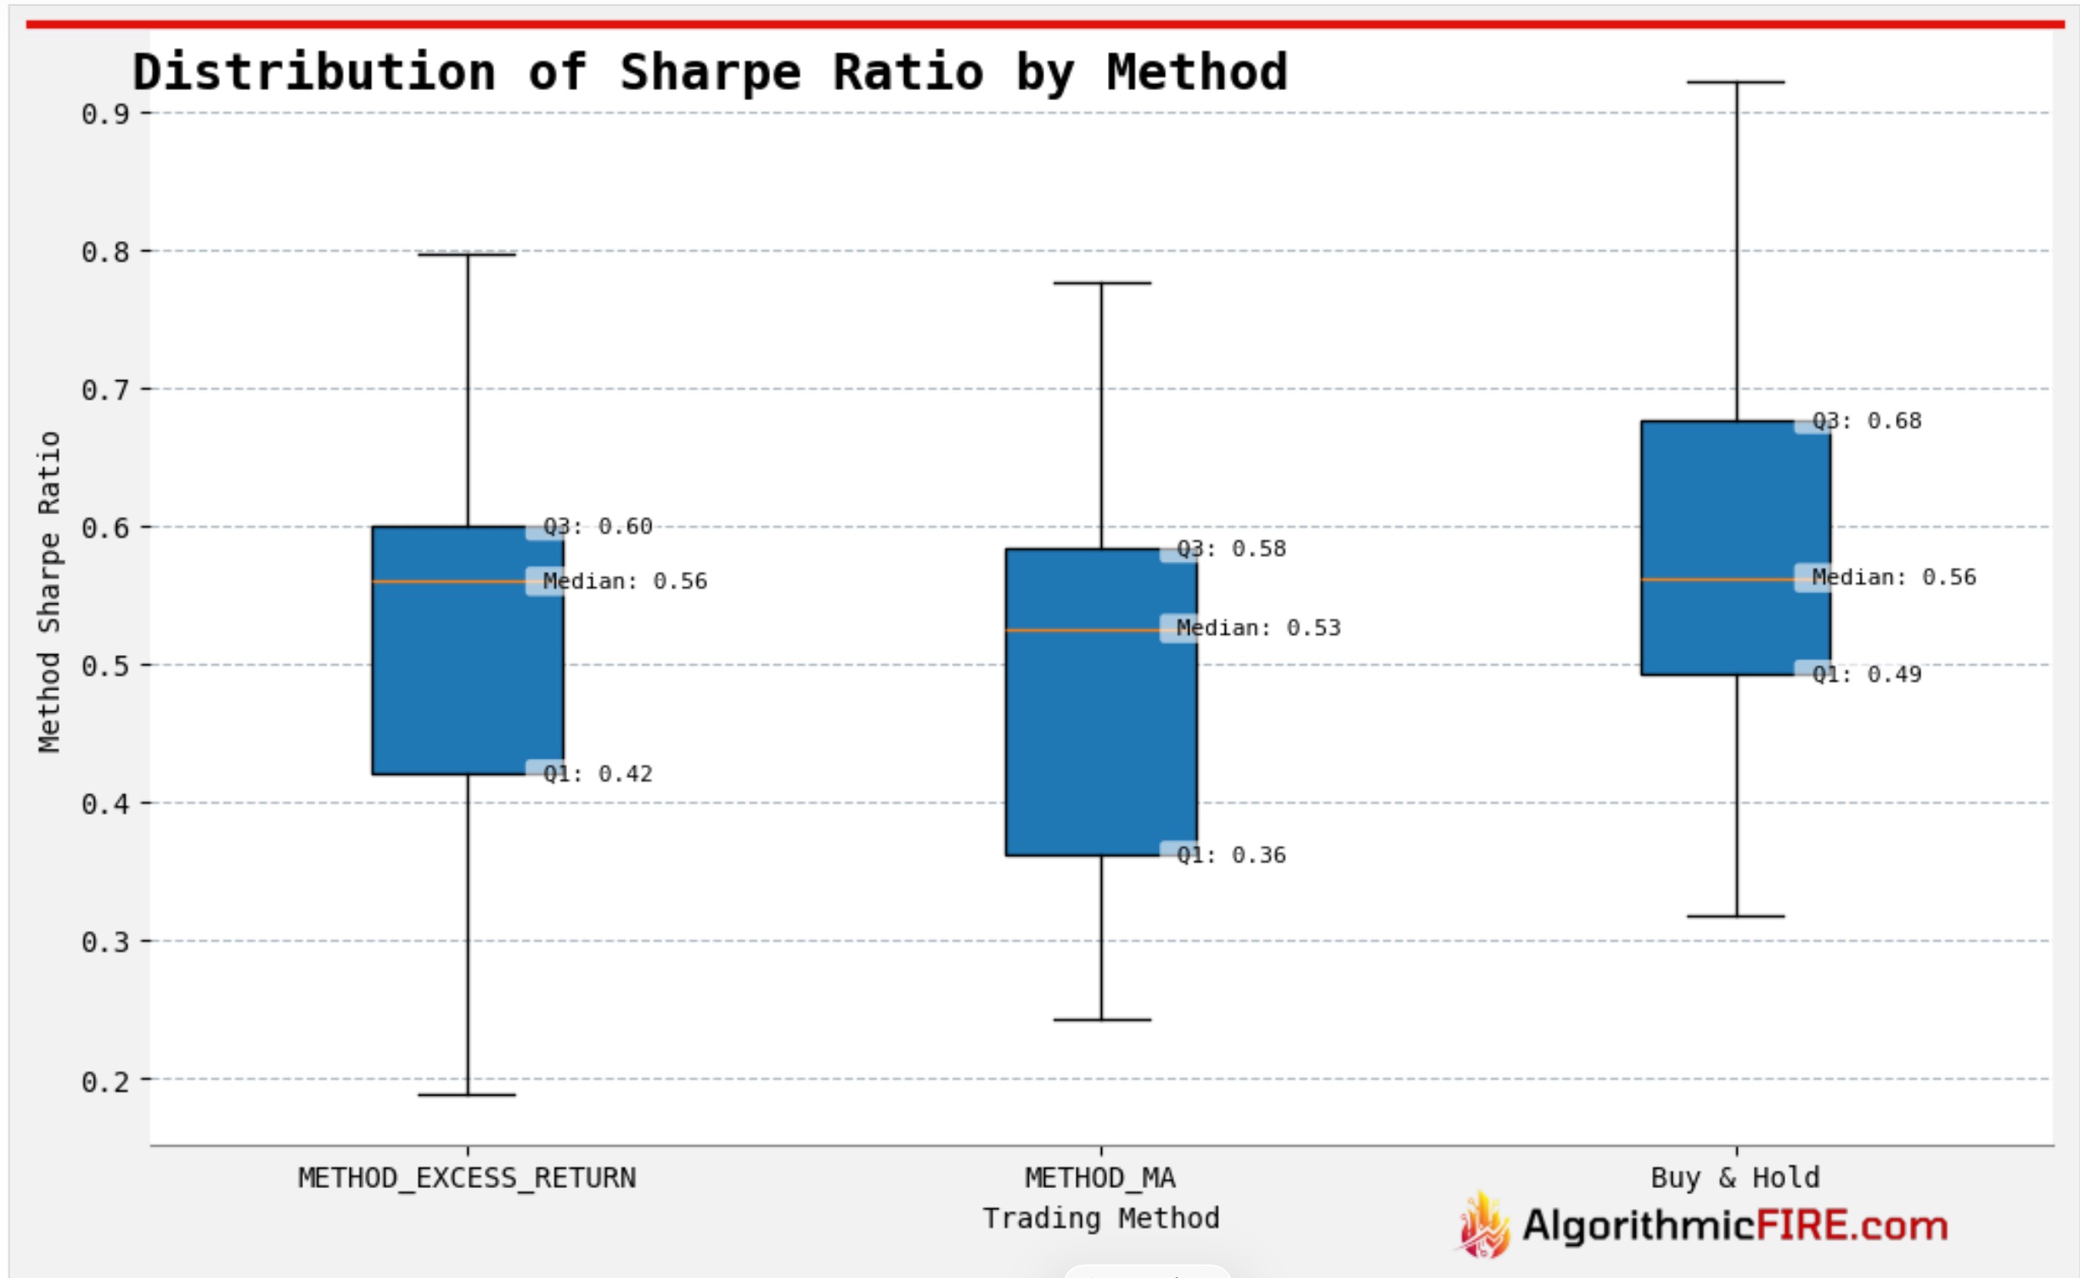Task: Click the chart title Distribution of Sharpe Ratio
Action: click(x=709, y=71)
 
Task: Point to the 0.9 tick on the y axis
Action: click(x=106, y=114)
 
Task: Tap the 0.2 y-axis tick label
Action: click(x=106, y=1082)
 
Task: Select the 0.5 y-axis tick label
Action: click(x=106, y=666)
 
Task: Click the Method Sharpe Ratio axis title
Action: click(x=49, y=591)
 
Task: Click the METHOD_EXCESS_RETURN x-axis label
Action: click(x=467, y=1178)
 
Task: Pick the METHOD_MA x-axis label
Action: click(x=1100, y=1178)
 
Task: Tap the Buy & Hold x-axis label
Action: click(x=1734, y=1178)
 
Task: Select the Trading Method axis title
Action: click(x=1100, y=1219)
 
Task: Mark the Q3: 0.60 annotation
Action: click(x=598, y=527)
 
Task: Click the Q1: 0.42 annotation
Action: click(x=598, y=774)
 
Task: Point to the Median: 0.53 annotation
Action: click(x=1258, y=628)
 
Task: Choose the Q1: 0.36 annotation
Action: click(x=1231, y=855)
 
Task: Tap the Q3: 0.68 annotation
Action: click(x=1866, y=421)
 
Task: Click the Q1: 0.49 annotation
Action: click(x=1866, y=675)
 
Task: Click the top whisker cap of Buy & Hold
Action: click(x=1735, y=82)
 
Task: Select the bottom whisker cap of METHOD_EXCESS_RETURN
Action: click(x=467, y=1095)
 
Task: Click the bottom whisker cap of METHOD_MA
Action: click(x=1101, y=1019)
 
